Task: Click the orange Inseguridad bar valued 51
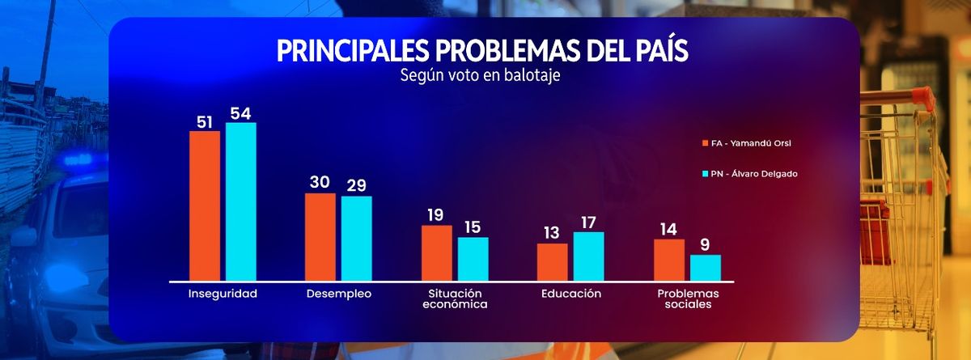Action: [x=205, y=205]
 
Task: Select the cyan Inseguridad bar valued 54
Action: [x=241, y=201]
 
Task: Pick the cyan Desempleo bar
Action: [x=357, y=238]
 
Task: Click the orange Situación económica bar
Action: [x=437, y=252]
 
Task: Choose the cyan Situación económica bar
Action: [x=473, y=258]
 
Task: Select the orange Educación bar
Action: [x=553, y=261]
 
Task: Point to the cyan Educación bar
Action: [x=589, y=256]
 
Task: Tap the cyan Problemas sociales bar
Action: [x=706, y=267]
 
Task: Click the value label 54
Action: [x=241, y=112]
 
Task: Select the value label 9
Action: [x=706, y=244]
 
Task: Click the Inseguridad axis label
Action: [x=223, y=294]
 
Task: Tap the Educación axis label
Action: [x=571, y=294]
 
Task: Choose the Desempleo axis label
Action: [x=339, y=294]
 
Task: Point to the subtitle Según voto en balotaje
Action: [x=481, y=76]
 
